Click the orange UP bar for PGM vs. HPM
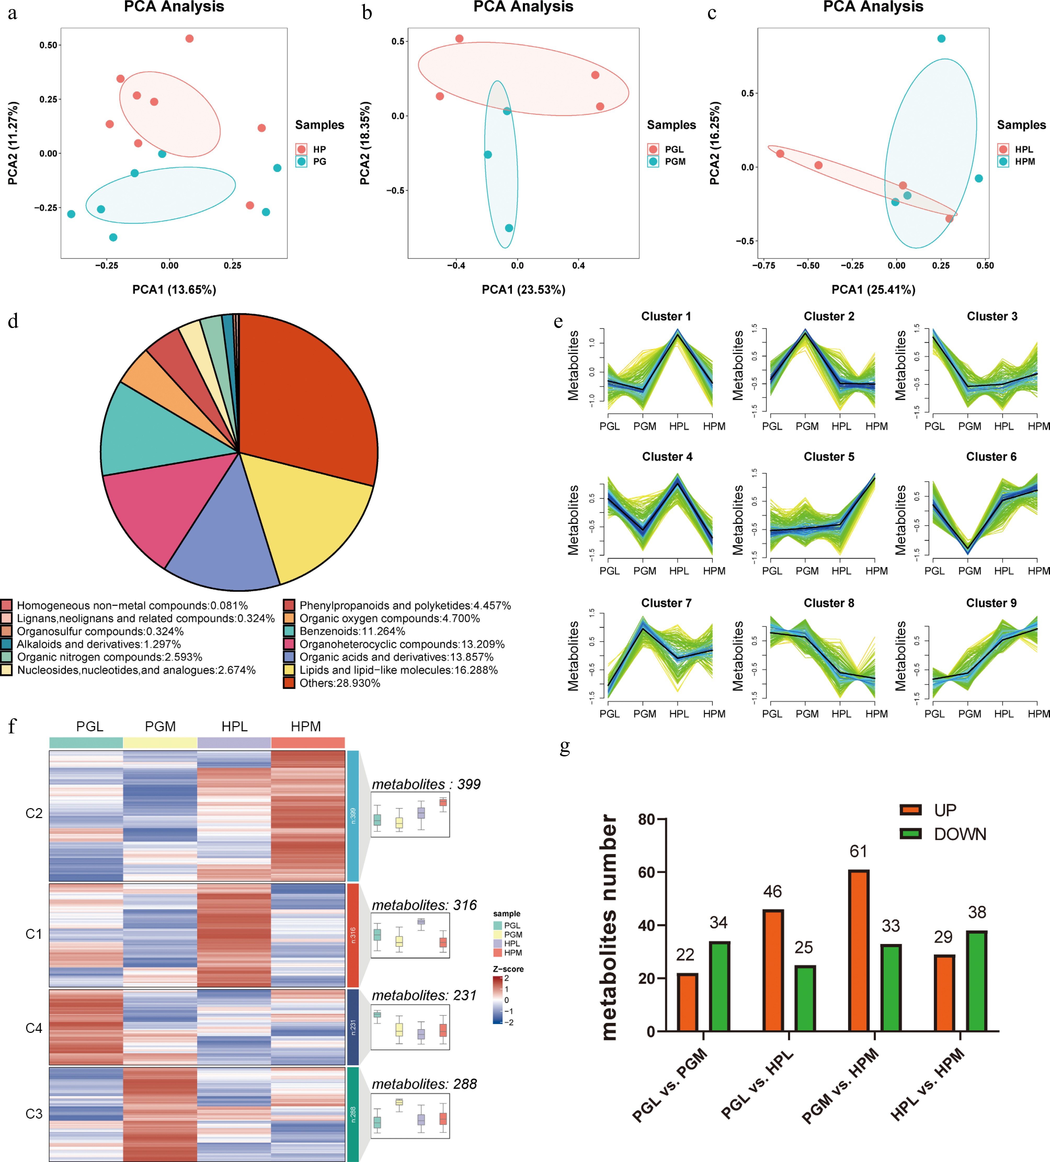click(x=859, y=951)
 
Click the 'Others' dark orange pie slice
click(x=306, y=392)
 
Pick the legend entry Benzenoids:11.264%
click(x=352, y=631)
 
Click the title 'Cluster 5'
click(x=829, y=457)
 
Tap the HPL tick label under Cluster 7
click(x=679, y=714)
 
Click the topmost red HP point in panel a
click(x=189, y=39)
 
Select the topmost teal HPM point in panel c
click(x=941, y=39)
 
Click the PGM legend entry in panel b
click(x=675, y=162)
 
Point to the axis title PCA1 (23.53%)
click(x=523, y=289)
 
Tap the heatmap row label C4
click(x=34, y=1028)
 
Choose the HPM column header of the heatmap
click(x=306, y=726)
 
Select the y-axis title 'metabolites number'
click(x=609, y=928)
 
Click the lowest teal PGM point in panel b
click(x=509, y=228)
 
